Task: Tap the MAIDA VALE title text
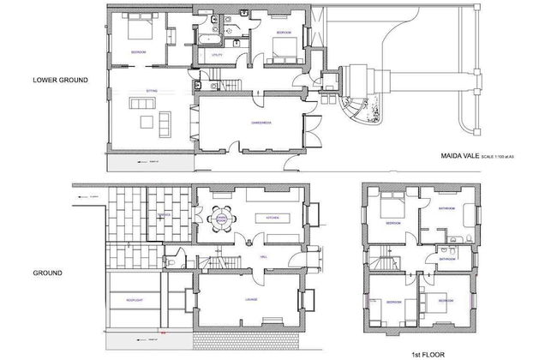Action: (x=459, y=156)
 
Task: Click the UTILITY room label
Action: (x=218, y=54)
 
